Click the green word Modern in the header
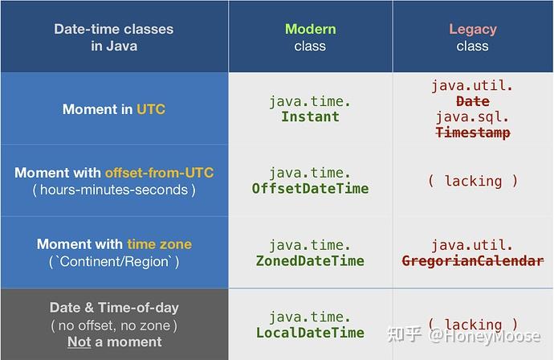click(310, 29)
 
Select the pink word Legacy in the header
click(472, 29)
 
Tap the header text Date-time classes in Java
click(113, 37)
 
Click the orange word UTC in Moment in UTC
click(151, 108)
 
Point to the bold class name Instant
click(310, 117)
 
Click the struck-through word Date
click(472, 101)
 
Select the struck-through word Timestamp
click(472, 133)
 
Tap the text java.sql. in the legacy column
click(472, 117)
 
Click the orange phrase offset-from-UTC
click(159, 173)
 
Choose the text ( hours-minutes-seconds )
click(113, 190)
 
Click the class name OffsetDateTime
click(310, 189)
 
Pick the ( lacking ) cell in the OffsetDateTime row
click(472, 181)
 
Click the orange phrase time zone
click(159, 243)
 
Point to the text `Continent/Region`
click(113, 261)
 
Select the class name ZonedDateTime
click(310, 260)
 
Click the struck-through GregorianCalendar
click(472, 260)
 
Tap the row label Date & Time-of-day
click(113, 307)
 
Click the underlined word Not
click(79, 342)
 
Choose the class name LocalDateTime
click(310, 333)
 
